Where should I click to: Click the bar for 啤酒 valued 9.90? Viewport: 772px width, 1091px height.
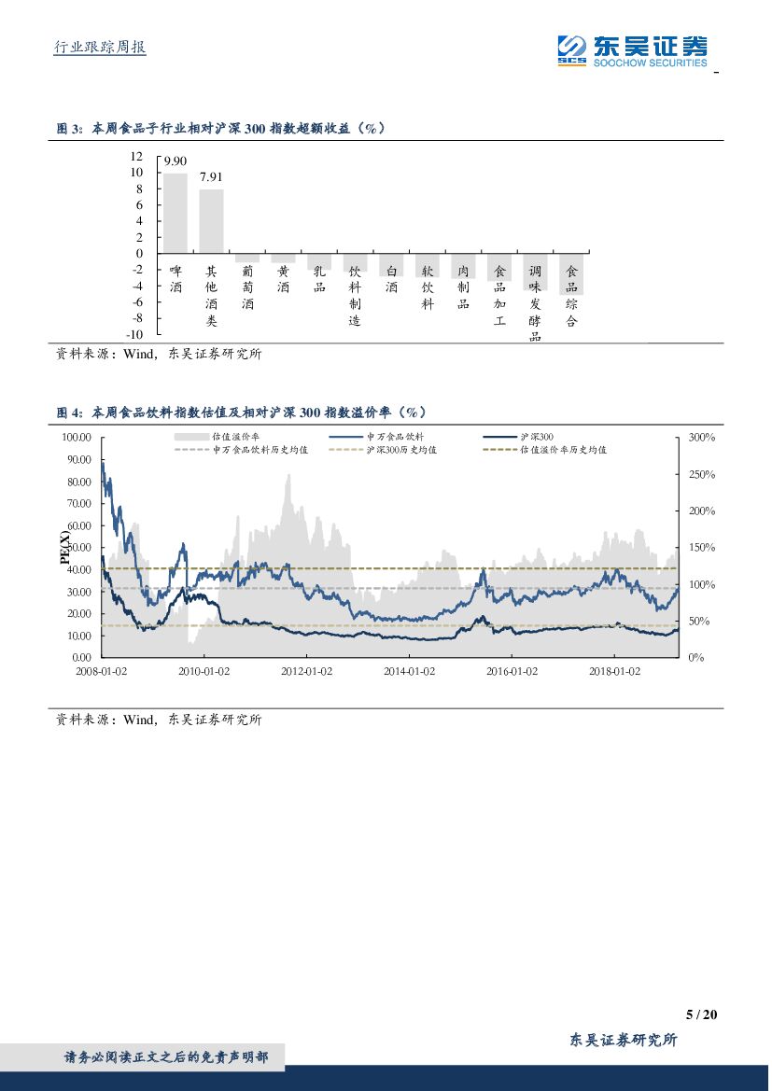tap(175, 213)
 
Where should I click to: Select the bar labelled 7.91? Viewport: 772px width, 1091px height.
tap(211, 221)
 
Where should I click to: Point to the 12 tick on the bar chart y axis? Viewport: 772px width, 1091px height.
tap(136, 157)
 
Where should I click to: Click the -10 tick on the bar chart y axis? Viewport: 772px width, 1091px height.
tap(134, 334)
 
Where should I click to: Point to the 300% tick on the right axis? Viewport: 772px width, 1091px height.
tap(701, 437)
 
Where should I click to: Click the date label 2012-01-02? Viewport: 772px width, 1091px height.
tap(306, 671)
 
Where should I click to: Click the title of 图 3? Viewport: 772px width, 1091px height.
tap(221, 129)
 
